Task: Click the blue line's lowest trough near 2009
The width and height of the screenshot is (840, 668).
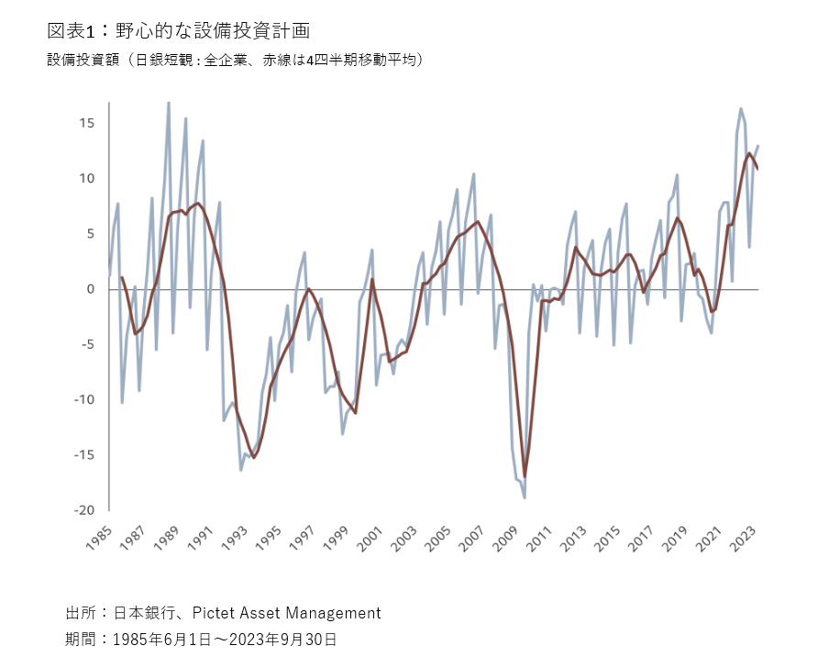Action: (525, 497)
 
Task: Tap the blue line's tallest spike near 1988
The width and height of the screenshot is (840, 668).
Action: (168, 103)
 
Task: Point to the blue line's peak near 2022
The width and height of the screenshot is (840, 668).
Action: (741, 108)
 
